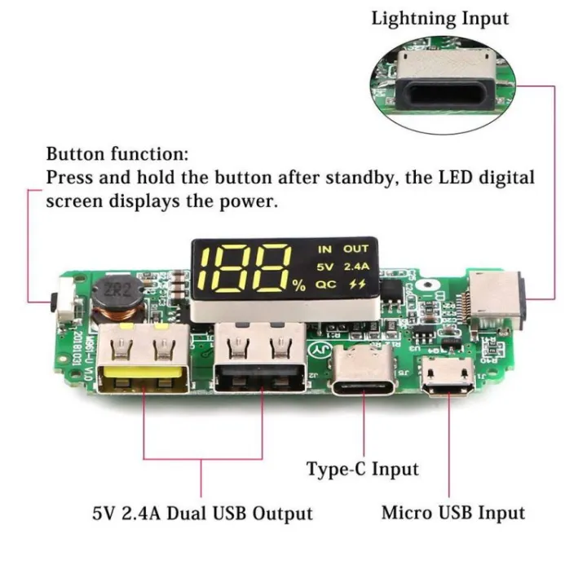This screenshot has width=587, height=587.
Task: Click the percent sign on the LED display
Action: click(x=299, y=285)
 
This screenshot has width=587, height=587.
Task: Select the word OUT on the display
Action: click(x=355, y=249)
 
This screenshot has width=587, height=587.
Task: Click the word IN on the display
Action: click(x=325, y=249)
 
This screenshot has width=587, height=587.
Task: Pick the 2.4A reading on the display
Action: click(x=355, y=267)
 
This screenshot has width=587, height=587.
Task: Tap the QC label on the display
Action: click(x=326, y=285)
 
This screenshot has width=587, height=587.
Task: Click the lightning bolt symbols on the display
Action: click(x=357, y=285)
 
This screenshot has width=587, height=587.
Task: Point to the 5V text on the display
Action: click(x=325, y=267)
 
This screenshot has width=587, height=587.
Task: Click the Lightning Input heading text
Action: click(x=439, y=18)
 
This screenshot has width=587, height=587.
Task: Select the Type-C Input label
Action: click(x=362, y=469)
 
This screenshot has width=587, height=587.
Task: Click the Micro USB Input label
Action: click(x=452, y=513)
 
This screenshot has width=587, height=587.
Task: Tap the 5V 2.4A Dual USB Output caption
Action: click(x=202, y=514)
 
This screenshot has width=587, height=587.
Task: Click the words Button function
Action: click(x=117, y=153)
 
